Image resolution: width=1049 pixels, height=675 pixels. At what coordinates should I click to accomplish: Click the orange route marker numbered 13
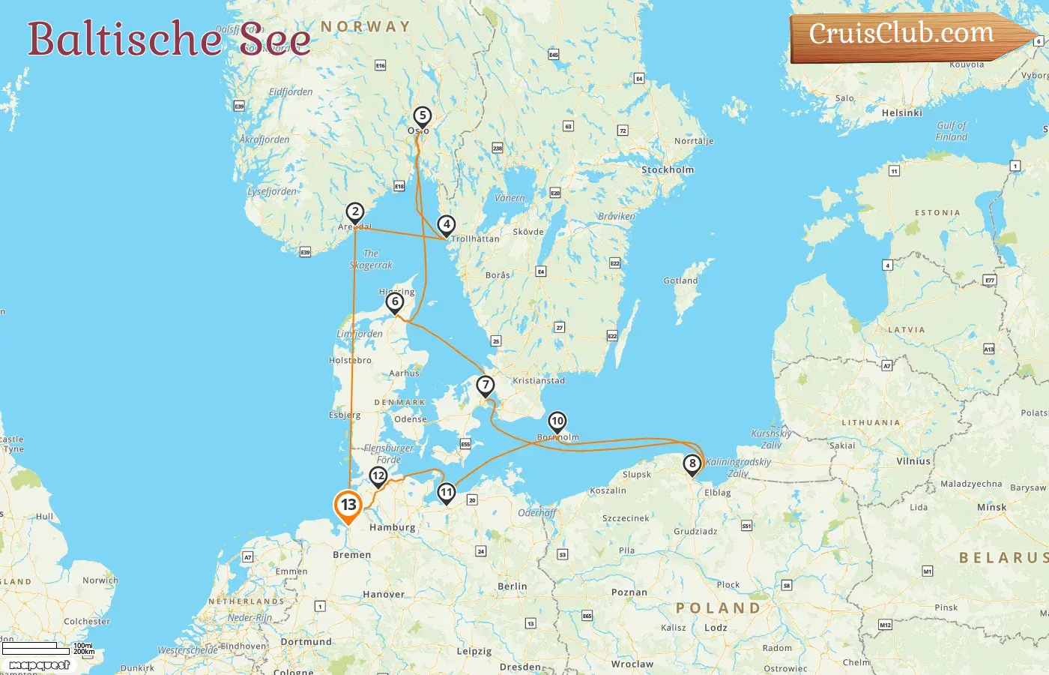tap(348, 505)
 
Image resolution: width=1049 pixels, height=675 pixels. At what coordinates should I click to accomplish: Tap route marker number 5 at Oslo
tap(423, 115)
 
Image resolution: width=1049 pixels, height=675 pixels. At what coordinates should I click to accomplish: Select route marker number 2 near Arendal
tap(355, 212)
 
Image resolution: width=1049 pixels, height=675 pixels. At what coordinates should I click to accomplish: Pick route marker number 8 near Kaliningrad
tap(692, 463)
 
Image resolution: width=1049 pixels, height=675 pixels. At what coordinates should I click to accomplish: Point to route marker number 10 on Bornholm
tap(557, 421)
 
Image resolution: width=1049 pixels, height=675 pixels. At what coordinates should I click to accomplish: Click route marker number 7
tap(486, 385)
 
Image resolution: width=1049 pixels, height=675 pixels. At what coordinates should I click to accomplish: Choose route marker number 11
tap(447, 493)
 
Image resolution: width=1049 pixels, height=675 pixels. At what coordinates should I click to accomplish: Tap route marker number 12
tap(378, 475)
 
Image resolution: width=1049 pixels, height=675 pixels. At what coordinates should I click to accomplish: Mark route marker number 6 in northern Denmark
tap(395, 302)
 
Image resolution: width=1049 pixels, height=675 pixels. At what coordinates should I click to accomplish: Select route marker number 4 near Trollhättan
tap(447, 224)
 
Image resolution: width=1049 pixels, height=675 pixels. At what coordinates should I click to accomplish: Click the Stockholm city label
tap(668, 170)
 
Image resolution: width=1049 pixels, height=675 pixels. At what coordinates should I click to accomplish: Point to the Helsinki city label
tap(901, 113)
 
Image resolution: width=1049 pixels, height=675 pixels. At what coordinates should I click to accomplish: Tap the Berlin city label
tap(513, 586)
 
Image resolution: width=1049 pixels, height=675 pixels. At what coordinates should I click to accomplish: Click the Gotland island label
tap(680, 281)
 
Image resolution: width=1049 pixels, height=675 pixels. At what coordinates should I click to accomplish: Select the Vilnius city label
tap(913, 462)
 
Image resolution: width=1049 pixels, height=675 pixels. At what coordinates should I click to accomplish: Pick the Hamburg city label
tap(392, 527)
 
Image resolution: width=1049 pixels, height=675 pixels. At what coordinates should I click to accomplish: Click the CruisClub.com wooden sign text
tap(901, 34)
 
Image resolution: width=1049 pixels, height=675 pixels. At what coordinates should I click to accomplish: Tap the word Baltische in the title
tap(124, 40)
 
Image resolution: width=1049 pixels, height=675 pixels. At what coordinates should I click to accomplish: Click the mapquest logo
tap(39, 665)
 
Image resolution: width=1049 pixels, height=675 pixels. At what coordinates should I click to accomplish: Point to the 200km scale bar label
tap(84, 652)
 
